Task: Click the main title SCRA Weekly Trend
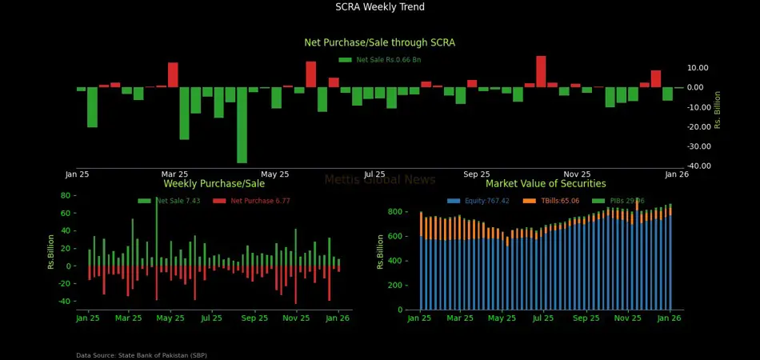pyautogui.click(x=380, y=7)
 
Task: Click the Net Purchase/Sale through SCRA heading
pyautogui.click(x=379, y=42)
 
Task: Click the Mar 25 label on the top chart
pyautogui.click(x=174, y=174)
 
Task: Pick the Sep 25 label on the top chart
pyautogui.click(x=476, y=174)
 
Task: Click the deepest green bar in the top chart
pyautogui.click(x=242, y=125)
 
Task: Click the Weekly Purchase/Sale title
pyautogui.click(x=214, y=184)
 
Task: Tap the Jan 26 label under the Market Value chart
pyautogui.click(x=669, y=318)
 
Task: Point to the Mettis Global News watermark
pyautogui.click(x=379, y=180)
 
